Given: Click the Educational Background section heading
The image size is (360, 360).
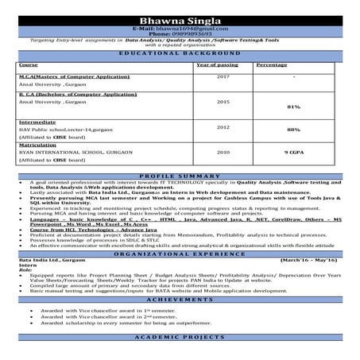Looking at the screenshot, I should (x=180, y=53).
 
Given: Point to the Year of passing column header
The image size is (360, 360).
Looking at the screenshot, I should (x=216, y=64).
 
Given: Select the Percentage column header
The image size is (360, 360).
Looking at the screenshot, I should (x=272, y=64).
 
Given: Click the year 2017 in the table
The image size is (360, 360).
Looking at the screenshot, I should (x=223, y=76).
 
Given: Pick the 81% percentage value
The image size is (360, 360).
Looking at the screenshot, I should (x=293, y=106).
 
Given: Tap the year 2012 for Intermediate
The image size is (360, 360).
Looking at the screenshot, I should (x=223, y=126).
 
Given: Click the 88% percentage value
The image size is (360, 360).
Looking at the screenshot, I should (x=293, y=129).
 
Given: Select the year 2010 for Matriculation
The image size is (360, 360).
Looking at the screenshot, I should (x=223, y=151).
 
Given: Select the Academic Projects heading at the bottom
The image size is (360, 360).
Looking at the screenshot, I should (x=180, y=338).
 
